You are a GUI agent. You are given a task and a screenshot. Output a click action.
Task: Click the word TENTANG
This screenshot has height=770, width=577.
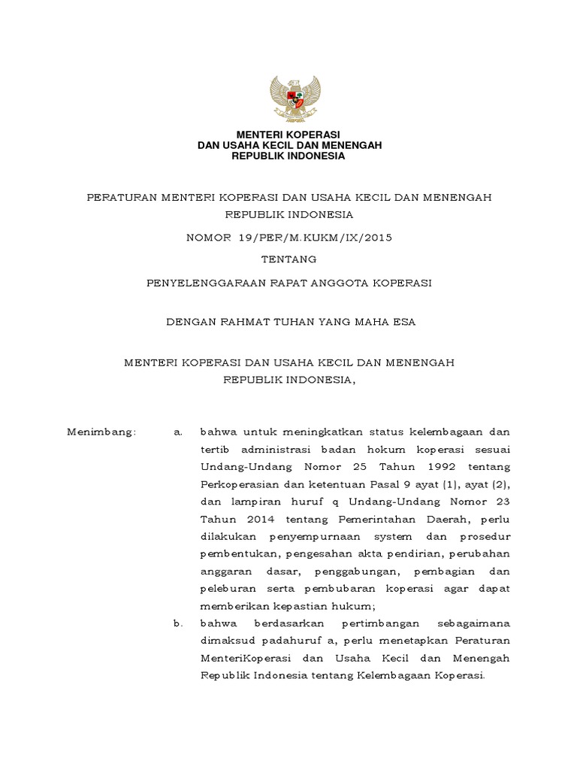click(x=288, y=259)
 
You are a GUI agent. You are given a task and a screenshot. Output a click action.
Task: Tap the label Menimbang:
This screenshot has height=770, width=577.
click(x=101, y=432)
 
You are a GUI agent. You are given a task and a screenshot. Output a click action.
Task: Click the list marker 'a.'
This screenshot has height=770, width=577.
click(x=178, y=432)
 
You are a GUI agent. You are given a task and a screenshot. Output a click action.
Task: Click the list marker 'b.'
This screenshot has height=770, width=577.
click(x=178, y=623)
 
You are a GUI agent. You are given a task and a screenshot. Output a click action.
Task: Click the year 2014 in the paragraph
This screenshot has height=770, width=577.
click(x=254, y=519)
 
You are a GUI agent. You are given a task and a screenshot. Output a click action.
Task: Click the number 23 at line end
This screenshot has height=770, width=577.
click(x=503, y=502)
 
